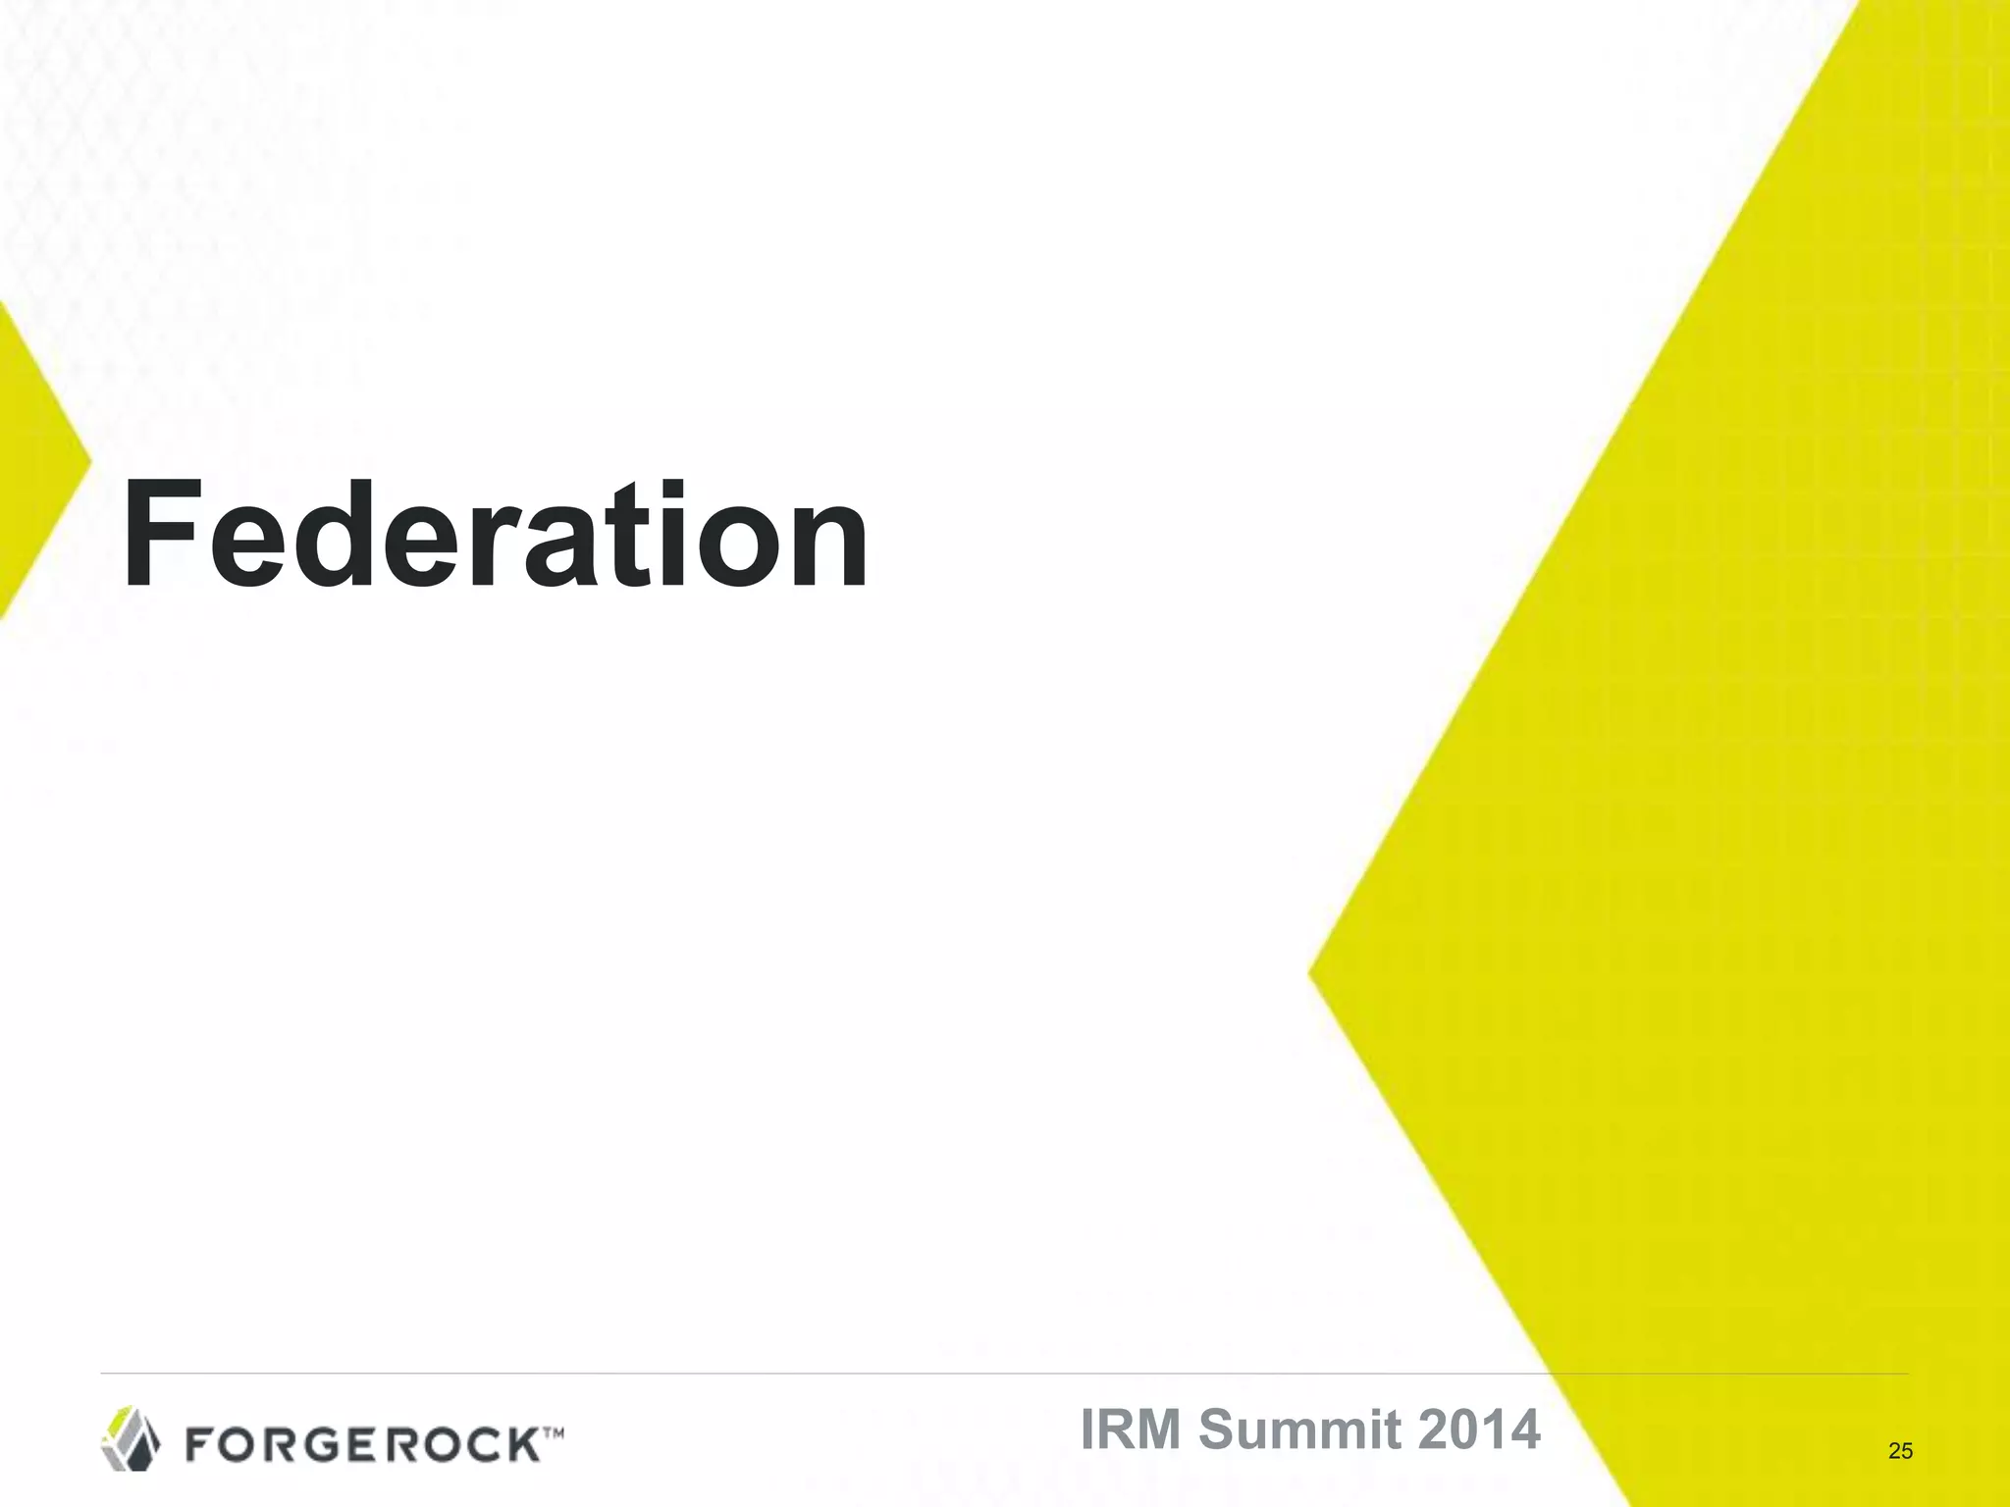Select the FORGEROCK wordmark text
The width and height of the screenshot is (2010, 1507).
tap(363, 1444)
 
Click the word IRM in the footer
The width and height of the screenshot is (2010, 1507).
tap(1133, 1429)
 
